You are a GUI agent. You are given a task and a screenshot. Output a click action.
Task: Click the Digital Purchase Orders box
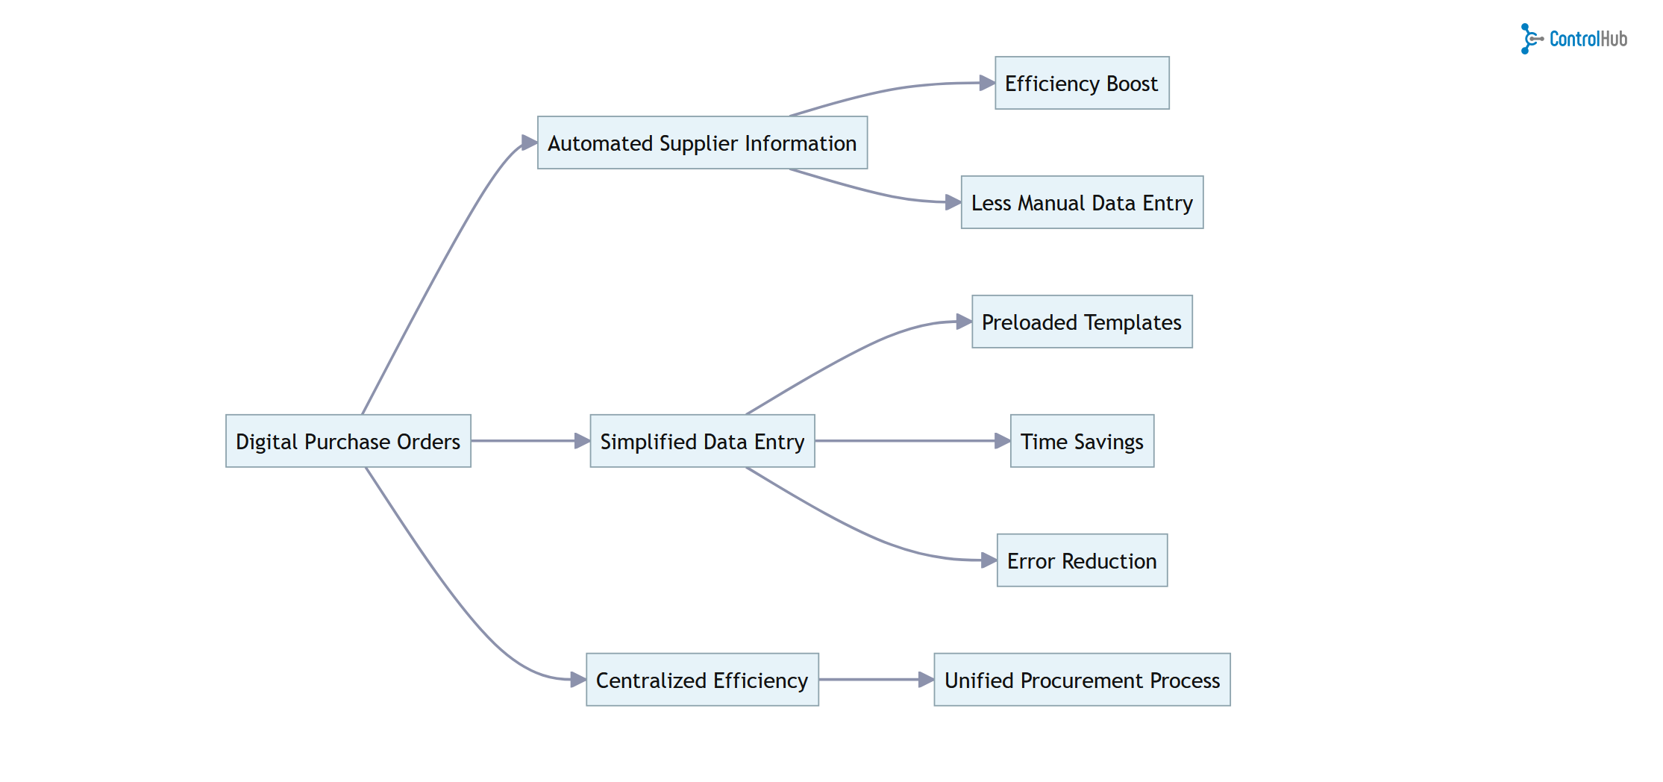(348, 441)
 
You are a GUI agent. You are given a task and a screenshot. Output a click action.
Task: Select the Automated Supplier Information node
(702, 143)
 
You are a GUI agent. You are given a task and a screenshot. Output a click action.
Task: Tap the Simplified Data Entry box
(702, 441)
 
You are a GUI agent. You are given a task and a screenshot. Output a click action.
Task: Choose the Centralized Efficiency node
(702, 680)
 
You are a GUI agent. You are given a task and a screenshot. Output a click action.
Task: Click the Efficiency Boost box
(1082, 83)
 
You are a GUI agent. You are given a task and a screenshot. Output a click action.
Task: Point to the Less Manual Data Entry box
(1082, 202)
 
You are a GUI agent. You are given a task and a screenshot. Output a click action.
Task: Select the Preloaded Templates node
(1082, 322)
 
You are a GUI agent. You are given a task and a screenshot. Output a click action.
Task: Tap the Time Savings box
(1082, 441)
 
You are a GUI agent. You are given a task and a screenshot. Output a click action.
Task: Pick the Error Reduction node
(1082, 560)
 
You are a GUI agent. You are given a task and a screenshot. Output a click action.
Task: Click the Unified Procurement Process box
(1082, 680)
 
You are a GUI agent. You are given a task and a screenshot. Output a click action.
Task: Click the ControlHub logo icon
(1530, 39)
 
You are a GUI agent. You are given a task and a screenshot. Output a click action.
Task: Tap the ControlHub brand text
(1588, 39)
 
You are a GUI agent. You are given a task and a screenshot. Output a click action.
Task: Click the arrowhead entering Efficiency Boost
(986, 83)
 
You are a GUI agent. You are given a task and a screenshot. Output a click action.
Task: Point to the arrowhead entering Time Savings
(1002, 441)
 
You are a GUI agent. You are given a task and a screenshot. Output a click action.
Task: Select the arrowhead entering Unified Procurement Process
(926, 680)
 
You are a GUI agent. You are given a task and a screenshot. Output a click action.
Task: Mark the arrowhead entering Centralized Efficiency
(577, 680)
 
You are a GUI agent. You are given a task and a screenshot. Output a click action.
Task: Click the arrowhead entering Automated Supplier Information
(529, 143)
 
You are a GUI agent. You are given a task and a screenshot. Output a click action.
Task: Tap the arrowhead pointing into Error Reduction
(989, 560)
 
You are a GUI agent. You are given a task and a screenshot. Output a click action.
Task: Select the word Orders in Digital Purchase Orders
(428, 442)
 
